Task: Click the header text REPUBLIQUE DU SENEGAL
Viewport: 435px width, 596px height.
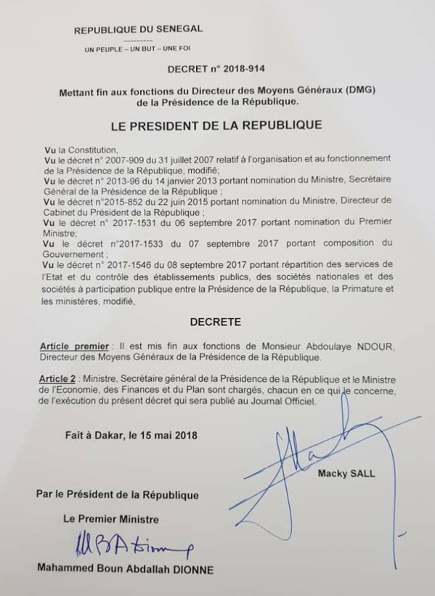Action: coord(138,30)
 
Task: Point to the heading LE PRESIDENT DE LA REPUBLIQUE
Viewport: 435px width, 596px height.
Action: coord(216,125)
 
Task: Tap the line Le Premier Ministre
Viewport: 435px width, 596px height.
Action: coord(107,519)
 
